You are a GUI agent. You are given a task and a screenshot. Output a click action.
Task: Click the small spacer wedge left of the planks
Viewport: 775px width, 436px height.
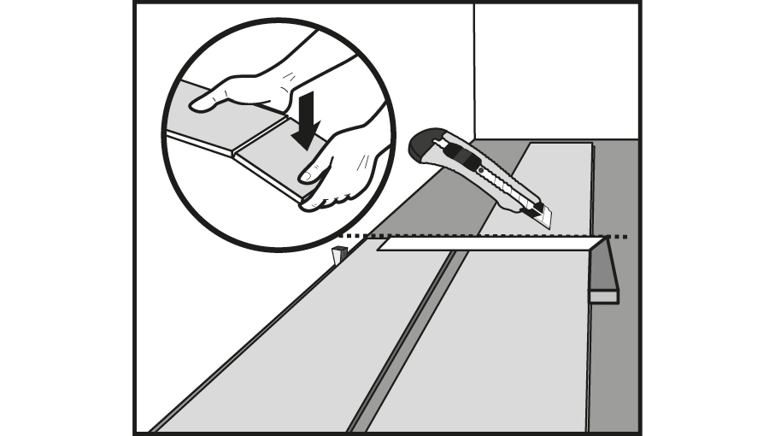pos(338,254)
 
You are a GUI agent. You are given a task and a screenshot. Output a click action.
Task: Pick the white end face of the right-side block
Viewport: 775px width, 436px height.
pos(603,296)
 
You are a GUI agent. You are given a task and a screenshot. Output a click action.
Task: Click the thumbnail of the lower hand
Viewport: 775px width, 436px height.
pos(305,174)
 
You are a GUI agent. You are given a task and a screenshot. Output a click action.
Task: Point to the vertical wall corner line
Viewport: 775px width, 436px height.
pos(474,68)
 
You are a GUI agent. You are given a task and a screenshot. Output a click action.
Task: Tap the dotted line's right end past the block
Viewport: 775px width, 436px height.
pos(621,236)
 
